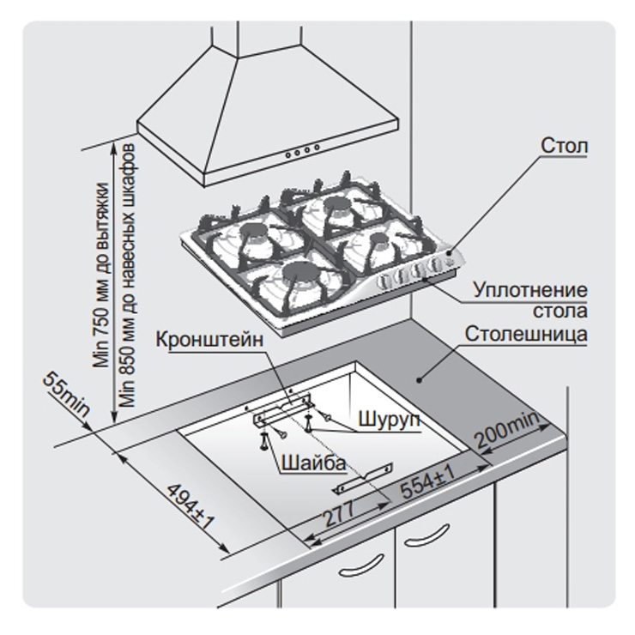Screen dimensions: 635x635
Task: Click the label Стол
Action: pyautogui.click(x=564, y=145)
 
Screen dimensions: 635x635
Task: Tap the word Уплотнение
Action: pyautogui.click(x=529, y=290)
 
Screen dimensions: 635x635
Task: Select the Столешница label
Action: pyautogui.click(x=526, y=334)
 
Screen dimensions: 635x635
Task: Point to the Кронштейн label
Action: pyautogui.click(x=209, y=339)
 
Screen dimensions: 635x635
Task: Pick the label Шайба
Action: pyautogui.click(x=313, y=462)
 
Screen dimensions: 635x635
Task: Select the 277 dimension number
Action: pyautogui.click(x=339, y=513)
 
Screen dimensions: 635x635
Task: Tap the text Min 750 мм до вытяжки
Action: pyautogui.click(x=101, y=275)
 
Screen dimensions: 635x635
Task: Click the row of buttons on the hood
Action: pyautogui.click(x=302, y=151)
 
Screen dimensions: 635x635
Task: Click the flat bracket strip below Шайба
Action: pyautogui.click(x=363, y=479)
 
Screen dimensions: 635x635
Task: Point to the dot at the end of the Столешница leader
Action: pyautogui.click(x=419, y=380)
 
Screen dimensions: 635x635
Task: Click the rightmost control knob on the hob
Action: pyautogui.click(x=436, y=264)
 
